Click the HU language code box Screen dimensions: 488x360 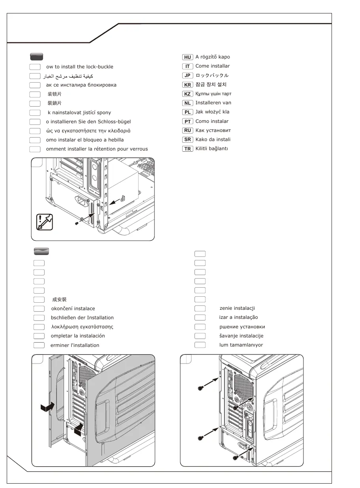[187, 57]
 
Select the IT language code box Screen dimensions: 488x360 [187, 66]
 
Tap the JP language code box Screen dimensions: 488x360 [187, 75]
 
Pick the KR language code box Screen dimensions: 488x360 [187, 85]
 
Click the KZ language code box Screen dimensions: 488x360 [187, 94]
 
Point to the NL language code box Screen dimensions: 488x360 [187, 103]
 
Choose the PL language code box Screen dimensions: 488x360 [187, 112]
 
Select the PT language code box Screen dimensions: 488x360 [187, 121]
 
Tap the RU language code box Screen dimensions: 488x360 [187, 130]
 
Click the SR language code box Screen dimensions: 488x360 [187, 139]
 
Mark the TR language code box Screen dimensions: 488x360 [187, 149]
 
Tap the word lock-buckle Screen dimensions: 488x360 [100, 67]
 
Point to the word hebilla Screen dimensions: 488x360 [114, 140]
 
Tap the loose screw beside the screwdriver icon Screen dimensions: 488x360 [77, 223]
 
